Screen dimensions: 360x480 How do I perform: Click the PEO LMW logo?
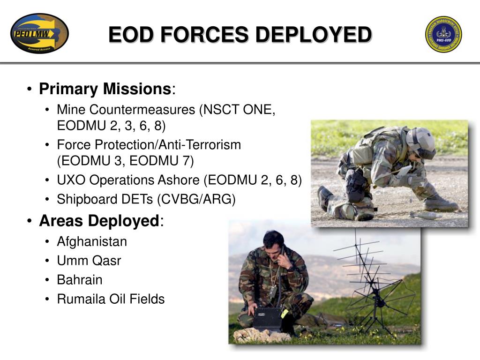point(39,33)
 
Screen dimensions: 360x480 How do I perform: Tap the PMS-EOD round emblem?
point(443,34)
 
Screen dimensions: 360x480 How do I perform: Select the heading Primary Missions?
point(105,89)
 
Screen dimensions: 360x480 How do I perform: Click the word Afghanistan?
point(92,242)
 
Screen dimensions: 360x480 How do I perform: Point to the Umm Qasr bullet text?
point(89,261)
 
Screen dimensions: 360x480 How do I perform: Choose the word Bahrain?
point(80,280)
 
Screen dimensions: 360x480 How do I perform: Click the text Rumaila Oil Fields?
point(111,299)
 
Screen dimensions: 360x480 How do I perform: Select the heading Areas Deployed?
point(99,220)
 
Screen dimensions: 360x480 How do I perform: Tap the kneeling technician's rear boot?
point(325,198)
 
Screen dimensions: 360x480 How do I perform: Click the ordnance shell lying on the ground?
point(424,215)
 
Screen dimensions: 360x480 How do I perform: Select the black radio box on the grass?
point(268,319)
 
